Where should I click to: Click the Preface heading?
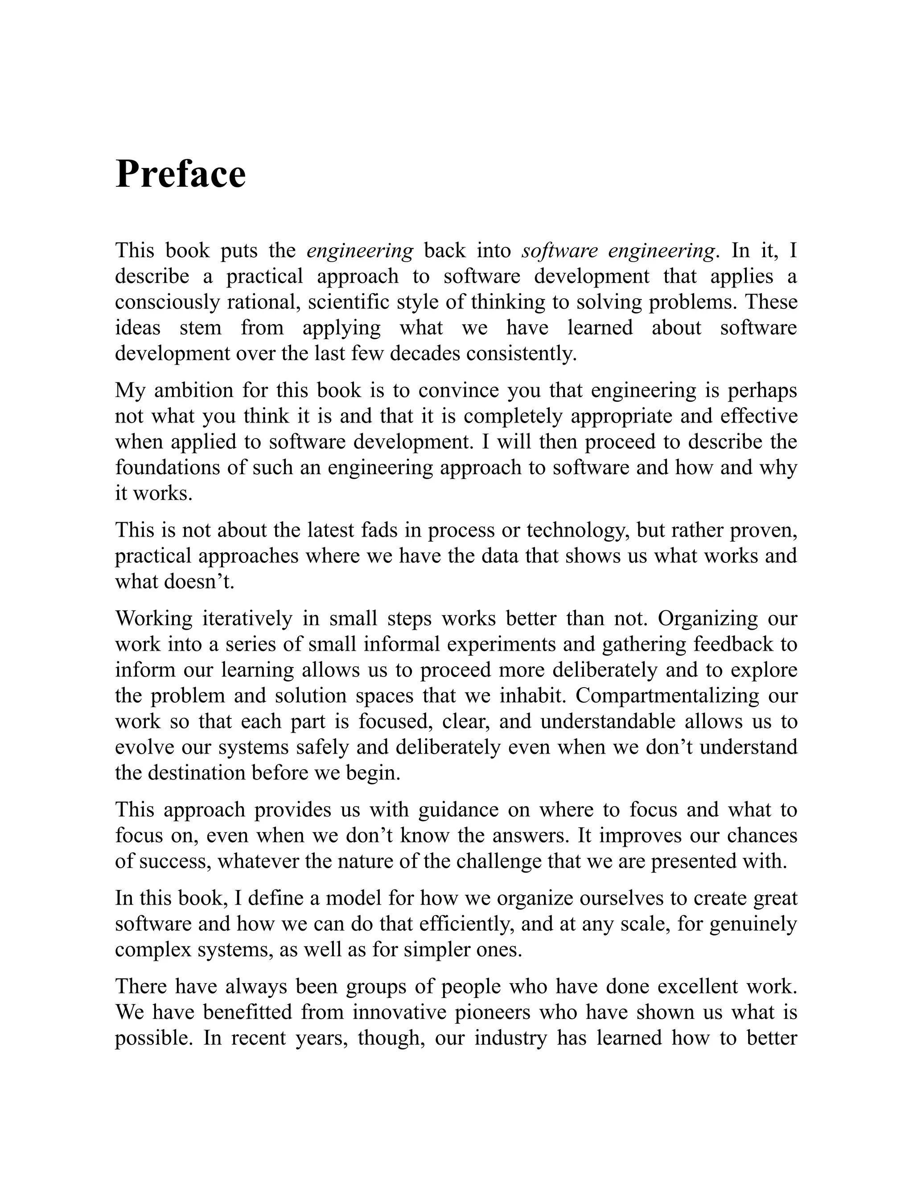[181, 174]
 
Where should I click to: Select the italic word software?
[559, 251]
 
